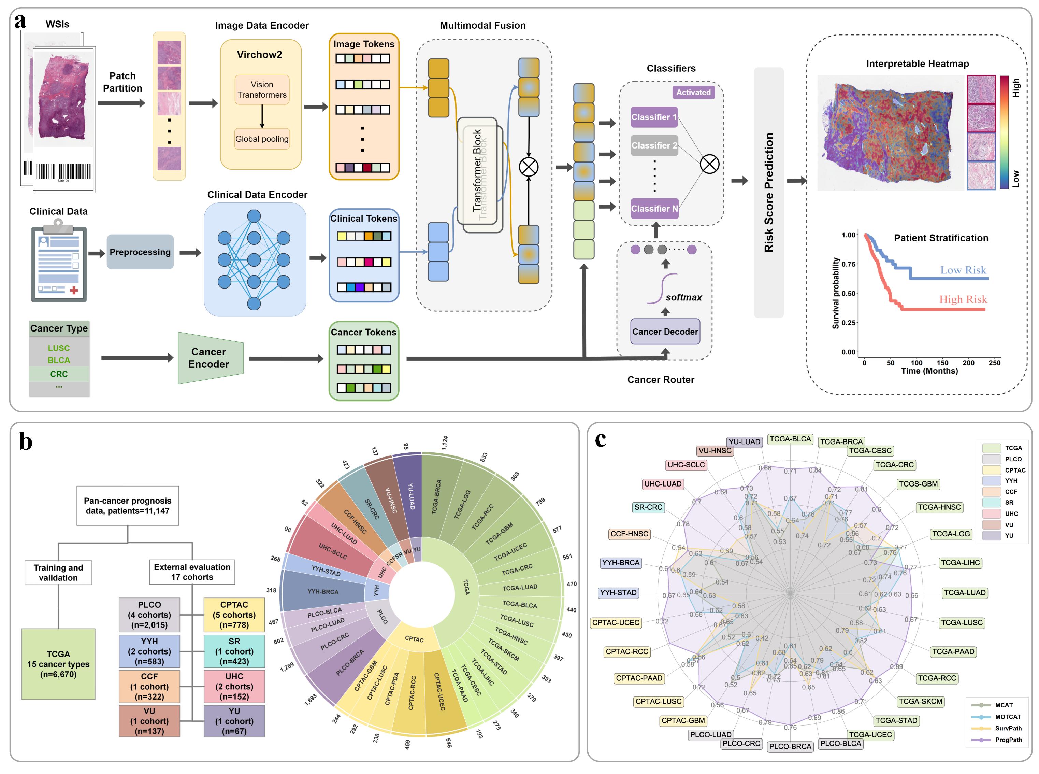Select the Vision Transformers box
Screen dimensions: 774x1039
point(262,89)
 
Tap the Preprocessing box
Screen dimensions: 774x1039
point(140,252)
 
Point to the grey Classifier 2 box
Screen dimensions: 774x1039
point(654,145)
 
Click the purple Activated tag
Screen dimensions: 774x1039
point(693,92)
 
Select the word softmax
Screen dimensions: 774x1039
point(683,297)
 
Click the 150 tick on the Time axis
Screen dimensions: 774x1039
point(942,363)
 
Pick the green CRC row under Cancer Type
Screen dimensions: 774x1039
point(59,374)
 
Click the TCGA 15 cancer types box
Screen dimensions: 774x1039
point(59,664)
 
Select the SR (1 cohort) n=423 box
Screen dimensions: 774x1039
point(234,651)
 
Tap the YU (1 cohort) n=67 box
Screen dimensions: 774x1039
point(234,721)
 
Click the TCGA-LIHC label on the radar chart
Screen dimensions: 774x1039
point(960,563)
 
